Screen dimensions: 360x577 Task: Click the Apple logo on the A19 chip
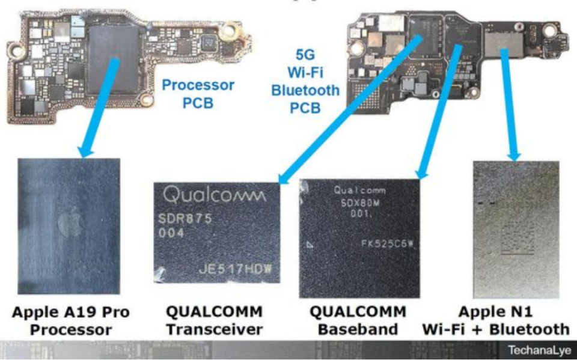tap(70, 225)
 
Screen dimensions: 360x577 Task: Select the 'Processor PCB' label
tap(198, 94)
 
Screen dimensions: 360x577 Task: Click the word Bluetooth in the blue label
tap(305, 91)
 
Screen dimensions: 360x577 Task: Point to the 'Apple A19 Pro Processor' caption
tap(70, 321)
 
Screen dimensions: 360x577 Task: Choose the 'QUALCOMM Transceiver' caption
tap(214, 321)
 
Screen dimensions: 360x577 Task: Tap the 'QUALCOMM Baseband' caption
tap(358, 321)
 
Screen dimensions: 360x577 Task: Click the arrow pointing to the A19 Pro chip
tap(97, 108)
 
